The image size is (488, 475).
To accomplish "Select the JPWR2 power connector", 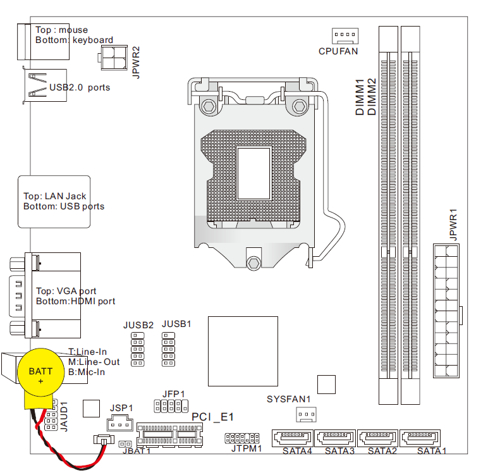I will coord(112,61).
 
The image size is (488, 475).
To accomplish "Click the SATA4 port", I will coord(292,438).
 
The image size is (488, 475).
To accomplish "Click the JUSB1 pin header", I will coord(168,347).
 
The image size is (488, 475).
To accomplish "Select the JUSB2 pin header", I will coord(137,347).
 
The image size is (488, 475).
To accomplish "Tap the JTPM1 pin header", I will coord(243,438).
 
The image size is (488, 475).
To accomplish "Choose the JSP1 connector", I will coord(120,423).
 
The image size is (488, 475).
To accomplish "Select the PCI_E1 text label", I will coord(213,417).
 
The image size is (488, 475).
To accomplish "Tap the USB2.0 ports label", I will coord(79,87).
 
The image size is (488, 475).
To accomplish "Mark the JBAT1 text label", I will coord(137,452).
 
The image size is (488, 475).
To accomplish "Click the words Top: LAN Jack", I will coord(55,197).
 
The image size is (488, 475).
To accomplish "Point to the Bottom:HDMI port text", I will coord(76,301).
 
